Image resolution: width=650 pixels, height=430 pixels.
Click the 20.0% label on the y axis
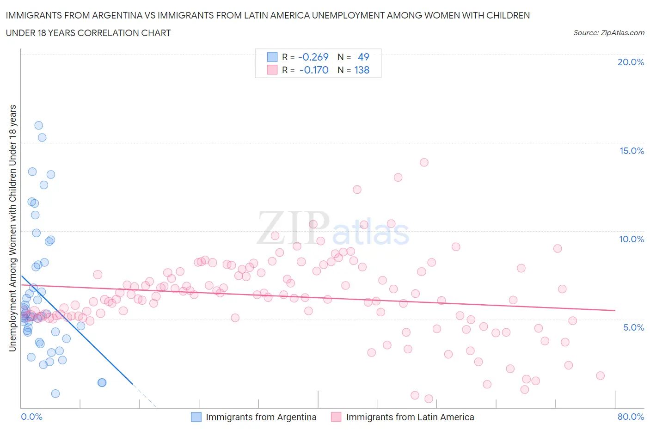tap(631, 62)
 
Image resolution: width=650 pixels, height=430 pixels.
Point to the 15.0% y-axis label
tap(632, 151)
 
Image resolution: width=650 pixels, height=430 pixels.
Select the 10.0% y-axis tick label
tap(632, 239)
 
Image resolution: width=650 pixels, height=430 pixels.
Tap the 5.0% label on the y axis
tap(633, 327)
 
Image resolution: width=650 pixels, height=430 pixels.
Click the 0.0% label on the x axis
tap(31, 417)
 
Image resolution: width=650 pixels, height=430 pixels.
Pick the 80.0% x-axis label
tap(631, 417)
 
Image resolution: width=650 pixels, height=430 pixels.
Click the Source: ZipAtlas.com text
tap(608, 33)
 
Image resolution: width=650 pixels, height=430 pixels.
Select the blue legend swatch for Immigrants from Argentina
tap(196, 417)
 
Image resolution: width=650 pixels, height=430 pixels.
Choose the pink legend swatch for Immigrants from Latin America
tap(336, 417)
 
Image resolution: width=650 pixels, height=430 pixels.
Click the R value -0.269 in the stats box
tap(313, 57)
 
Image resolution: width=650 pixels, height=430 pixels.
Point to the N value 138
tap(362, 70)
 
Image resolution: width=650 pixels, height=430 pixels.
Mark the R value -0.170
tap(314, 70)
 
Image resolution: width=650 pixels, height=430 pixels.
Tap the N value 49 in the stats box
tap(363, 57)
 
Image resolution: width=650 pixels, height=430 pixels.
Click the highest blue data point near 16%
tap(39, 125)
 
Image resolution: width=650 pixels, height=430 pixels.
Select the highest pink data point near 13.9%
tap(424, 162)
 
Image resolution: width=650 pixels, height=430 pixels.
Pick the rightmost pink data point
tap(600, 375)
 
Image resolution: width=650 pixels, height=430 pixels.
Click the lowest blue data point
tap(55, 393)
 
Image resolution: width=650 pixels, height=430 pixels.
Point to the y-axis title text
tap(13, 228)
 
